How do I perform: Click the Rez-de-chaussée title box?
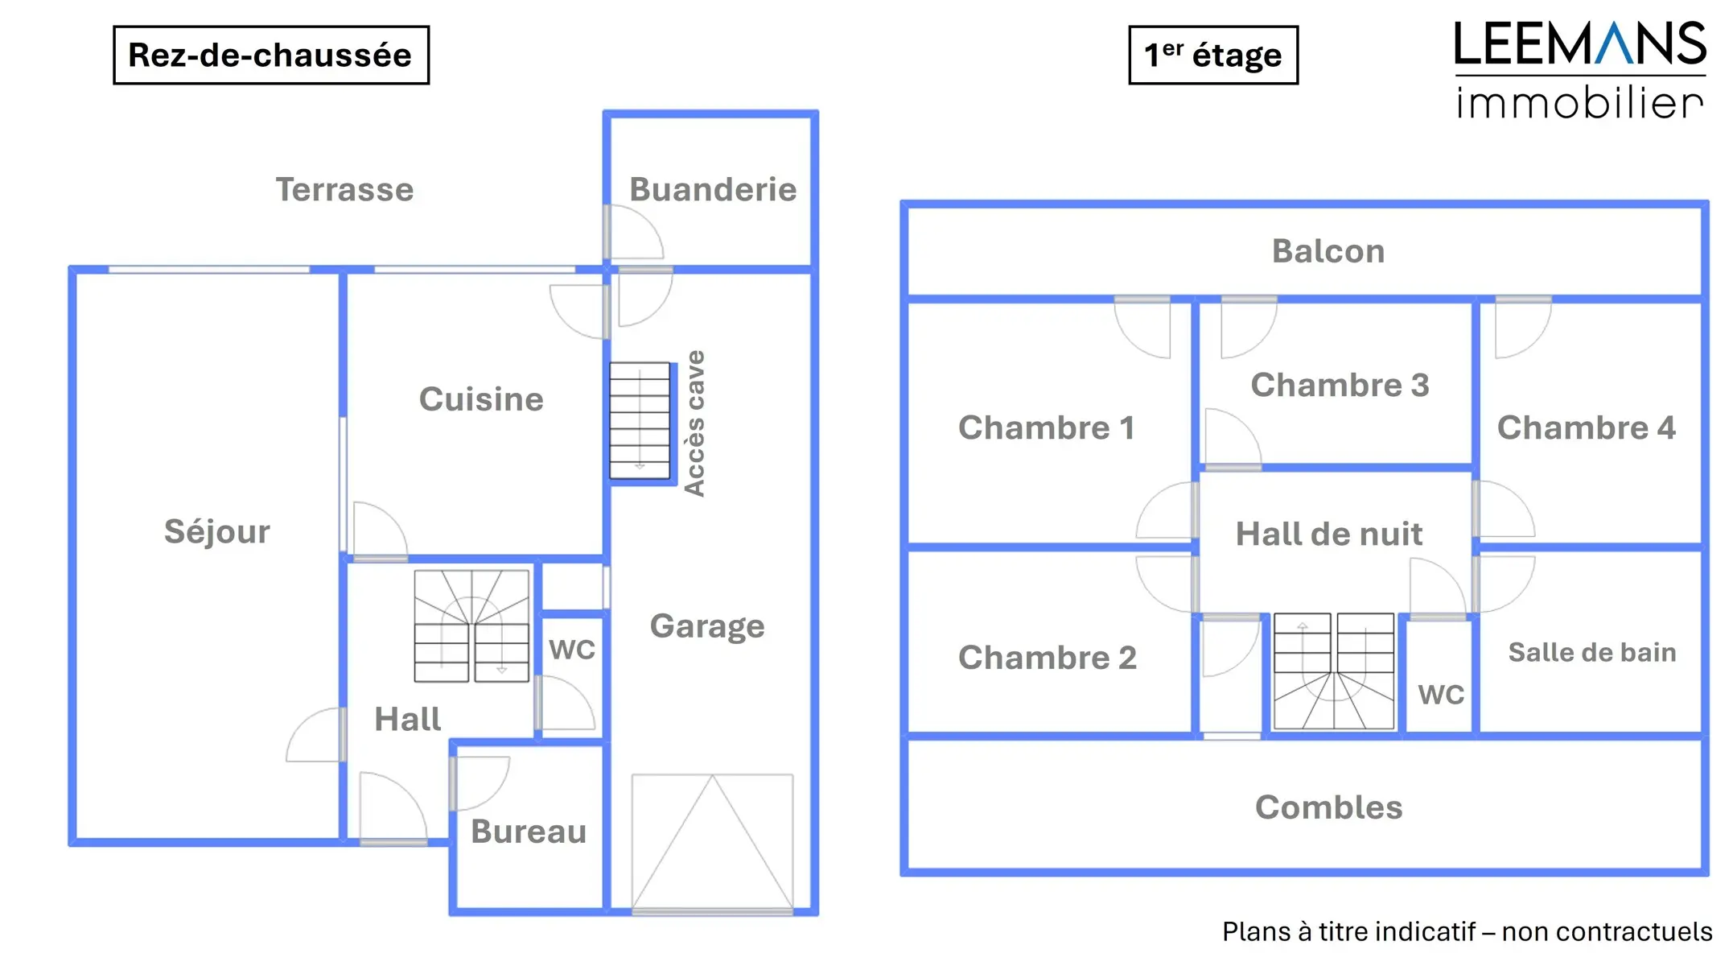tap(270, 55)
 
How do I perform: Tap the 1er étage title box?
tap(1212, 55)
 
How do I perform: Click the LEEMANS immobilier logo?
tap(1579, 71)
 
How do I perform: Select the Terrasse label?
tap(344, 190)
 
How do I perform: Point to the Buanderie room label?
tap(713, 190)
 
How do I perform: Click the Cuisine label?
tap(481, 399)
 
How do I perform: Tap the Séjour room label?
tap(217, 531)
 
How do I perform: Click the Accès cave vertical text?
tap(694, 423)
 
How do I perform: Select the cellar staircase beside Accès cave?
tap(640, 420)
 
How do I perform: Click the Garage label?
tap(707, 626)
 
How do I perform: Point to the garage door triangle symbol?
tap(712, 841)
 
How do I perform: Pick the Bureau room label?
tap(529, 832)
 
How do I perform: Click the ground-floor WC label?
tap(572, 650)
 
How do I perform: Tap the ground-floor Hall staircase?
tap(471, 625)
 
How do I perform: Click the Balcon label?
tap(1328, 251)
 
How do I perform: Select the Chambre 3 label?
tap(1340, 385)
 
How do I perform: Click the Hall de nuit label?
tap(1329, 534)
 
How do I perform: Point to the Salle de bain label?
tap(1592, 652)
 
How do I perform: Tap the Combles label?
tap(1328, 807)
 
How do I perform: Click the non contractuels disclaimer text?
tap(1467, 931)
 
